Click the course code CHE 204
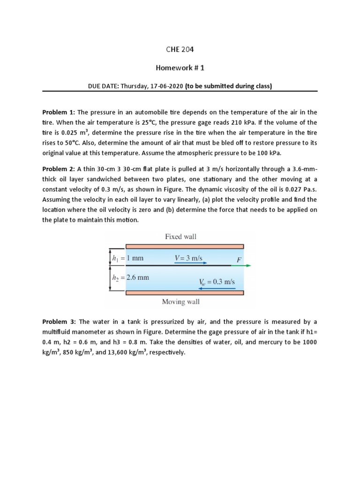(180, 49)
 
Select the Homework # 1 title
(180, 67)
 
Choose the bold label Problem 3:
(59, 322)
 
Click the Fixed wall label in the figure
(180, 237)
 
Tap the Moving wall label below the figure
(180, 302)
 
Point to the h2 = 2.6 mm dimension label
(130, 277)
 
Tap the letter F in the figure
(233, 258)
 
